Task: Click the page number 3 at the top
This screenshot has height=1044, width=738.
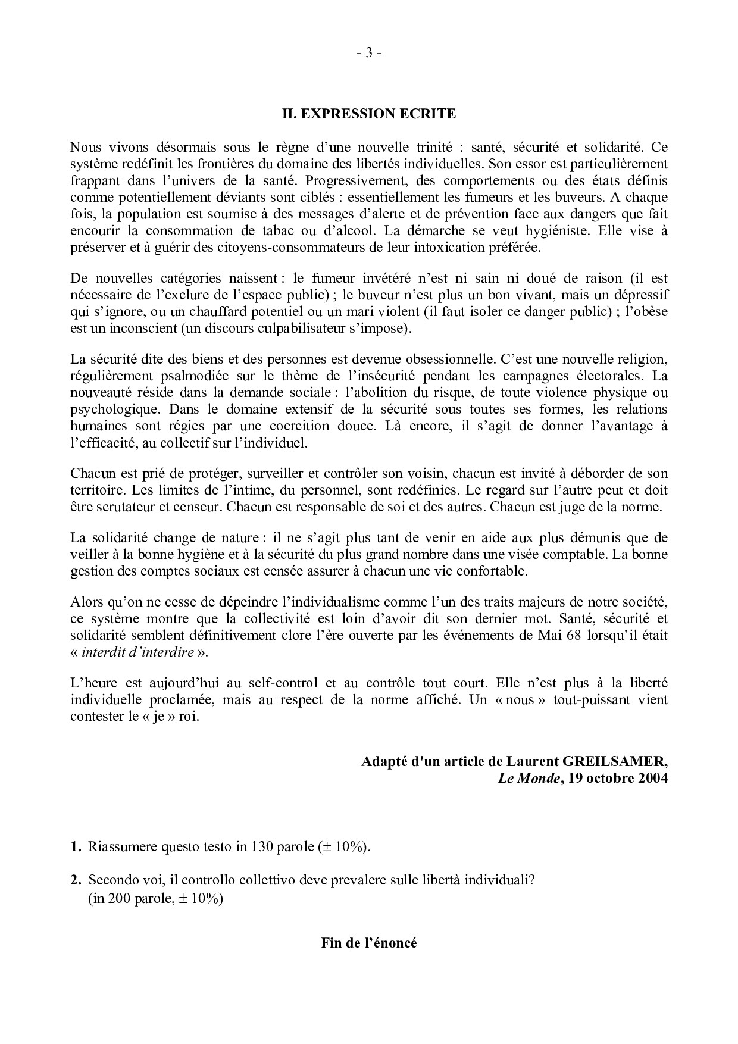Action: tap(369, 54)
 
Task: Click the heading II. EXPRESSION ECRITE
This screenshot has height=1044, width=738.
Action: tap(368, 114)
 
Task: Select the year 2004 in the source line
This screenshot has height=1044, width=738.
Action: tap(651, 779)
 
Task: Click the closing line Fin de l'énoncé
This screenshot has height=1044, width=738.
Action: tap(368, 943)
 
